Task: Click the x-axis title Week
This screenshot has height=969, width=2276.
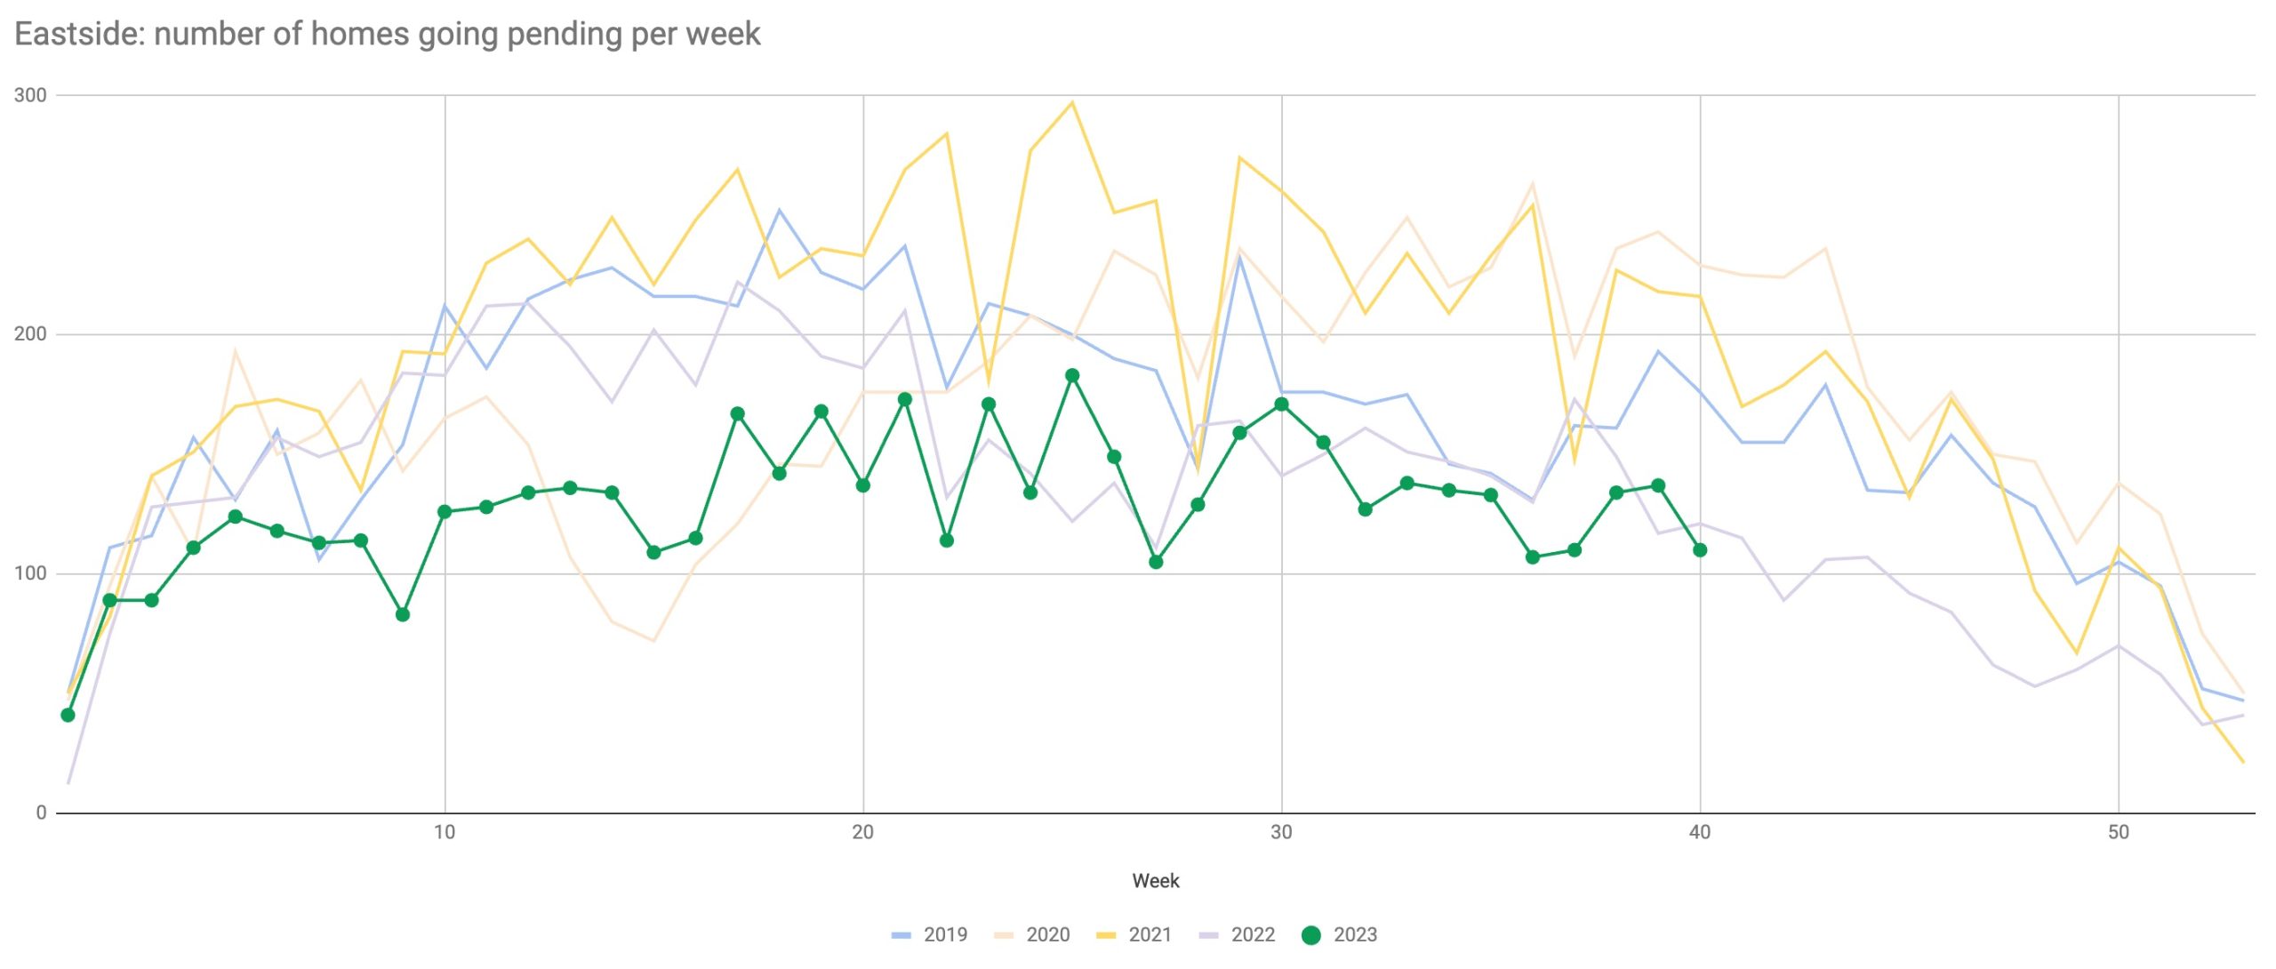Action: (1155, 881)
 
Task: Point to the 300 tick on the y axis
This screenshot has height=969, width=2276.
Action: (29, 95)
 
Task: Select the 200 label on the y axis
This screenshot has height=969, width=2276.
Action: (29, 334)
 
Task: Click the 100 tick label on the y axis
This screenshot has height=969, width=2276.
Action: (29, 573)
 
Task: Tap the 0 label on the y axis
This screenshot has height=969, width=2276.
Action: (41, 813)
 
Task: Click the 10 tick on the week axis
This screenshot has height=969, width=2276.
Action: (445, 832)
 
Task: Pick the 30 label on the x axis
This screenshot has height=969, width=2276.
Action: (1281, 832)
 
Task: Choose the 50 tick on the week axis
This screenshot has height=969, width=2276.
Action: (2119, 832)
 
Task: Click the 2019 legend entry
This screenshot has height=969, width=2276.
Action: (930, 934)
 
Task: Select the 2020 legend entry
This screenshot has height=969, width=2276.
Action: (1033, 934)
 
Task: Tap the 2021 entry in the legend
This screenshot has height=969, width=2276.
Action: (1135, 934)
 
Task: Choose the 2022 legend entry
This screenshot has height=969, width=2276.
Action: (1238, 934)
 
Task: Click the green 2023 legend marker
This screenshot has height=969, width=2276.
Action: (1310, 935)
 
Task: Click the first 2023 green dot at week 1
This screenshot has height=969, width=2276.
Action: (68, 715)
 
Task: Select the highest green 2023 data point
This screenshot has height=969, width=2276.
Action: (1072, 376)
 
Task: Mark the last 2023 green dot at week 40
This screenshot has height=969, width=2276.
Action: (1700, 550)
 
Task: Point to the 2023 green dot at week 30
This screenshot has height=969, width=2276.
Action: (1281, 404)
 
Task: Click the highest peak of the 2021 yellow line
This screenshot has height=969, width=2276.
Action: (1072, 102)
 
